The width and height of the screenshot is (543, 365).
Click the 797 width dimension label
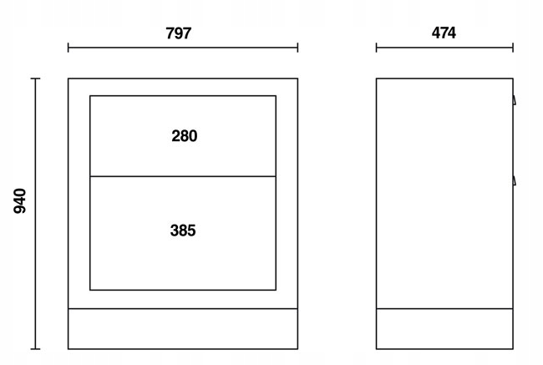(179, 33)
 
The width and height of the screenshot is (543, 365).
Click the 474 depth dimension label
(444, 33)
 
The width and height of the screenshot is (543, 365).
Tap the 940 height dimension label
(21, 200)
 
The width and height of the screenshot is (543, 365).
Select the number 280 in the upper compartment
(184, 136)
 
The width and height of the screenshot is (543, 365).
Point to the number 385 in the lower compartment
(183, 231)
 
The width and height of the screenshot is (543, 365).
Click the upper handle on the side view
(515, 100)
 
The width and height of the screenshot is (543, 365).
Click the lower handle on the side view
(515, 179)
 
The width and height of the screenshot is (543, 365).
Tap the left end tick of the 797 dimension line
(69, 48)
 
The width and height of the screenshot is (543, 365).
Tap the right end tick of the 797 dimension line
(297, 48)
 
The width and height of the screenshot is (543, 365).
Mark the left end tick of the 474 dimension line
(376, 48)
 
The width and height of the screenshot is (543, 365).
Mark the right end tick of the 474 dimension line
(511, 48)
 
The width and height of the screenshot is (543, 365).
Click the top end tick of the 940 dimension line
(35, 79)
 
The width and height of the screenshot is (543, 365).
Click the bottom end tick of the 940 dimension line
(35, 348)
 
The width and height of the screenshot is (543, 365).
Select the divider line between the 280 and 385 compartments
(183, 176)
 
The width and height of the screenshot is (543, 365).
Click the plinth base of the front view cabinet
(183, 328)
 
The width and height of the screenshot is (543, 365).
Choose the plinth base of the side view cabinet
(444, 328)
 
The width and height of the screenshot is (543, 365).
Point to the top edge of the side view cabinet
(444, 79)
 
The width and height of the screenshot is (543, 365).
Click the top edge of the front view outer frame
(183, 79)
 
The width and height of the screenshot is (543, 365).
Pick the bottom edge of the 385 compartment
(183, 290)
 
